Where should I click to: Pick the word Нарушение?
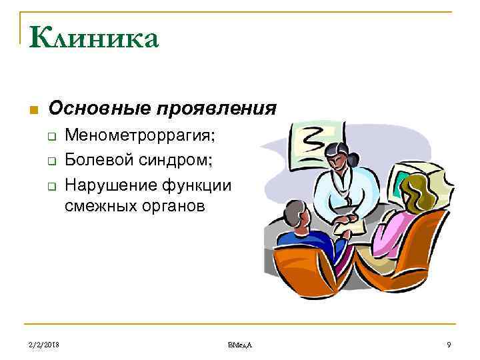tap(107, 185)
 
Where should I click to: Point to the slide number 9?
tap(449, 344)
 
